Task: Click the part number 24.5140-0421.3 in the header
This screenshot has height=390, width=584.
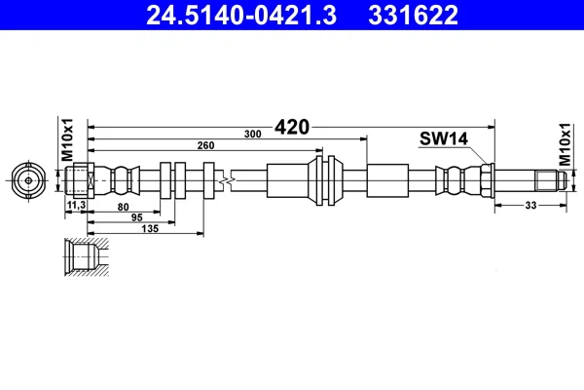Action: tap(241, 16)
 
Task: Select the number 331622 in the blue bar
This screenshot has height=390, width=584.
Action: tap(413, 16)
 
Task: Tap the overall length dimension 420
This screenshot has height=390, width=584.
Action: tap(292, 128)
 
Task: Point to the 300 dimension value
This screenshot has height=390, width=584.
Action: tap(252, 134)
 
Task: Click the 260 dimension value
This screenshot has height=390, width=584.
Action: tap(205, 145)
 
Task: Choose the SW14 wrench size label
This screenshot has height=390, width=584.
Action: tap(444, 138)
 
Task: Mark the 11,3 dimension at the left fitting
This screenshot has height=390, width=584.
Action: tap(76, 205)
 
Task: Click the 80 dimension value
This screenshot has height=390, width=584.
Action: tap(123, 207)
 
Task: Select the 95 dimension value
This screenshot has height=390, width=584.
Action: tap(137, 217)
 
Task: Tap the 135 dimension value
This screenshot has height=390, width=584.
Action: tap(150, 228)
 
